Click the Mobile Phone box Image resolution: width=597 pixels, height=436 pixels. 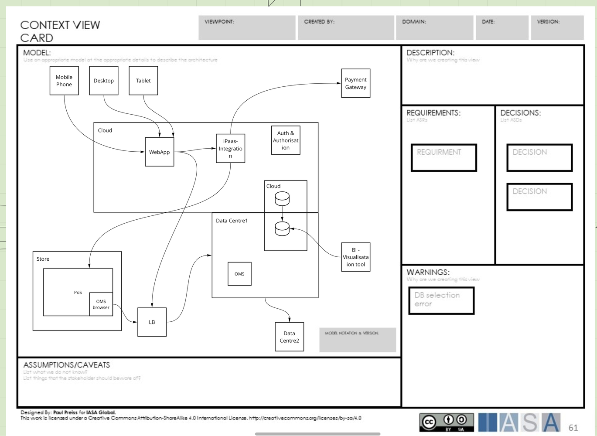coord(64,81)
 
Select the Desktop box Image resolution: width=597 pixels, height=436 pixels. coord(104,81)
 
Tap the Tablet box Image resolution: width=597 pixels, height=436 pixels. coord(143,81)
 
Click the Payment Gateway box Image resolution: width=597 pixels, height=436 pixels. coord(355,83)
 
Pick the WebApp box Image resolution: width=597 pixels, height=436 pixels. coord(159,152)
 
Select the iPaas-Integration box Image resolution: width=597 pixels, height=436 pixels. coord(230,148)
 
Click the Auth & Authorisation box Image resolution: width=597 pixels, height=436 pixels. coord(286,140)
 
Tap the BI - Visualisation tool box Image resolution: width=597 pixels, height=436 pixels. coord(355,257)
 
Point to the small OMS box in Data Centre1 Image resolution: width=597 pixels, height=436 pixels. coord(239,274)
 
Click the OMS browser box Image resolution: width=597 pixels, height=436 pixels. coord(101,304)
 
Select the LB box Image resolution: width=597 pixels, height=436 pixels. coord(152,322)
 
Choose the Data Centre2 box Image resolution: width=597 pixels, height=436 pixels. coord(289,337)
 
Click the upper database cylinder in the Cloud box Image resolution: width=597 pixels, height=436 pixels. coord(282,199)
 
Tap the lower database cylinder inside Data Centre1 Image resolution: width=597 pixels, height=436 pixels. coord(282,228)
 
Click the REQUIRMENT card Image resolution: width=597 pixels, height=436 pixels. coord(443,157)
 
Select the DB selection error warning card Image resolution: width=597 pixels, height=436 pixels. coord(441,300)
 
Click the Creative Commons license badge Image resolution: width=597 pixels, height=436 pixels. coord(446,422)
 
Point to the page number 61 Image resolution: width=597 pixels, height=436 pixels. coord(573,428)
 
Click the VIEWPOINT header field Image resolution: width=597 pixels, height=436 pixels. coord(247,27)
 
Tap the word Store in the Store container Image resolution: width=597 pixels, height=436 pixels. coord(43,259)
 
